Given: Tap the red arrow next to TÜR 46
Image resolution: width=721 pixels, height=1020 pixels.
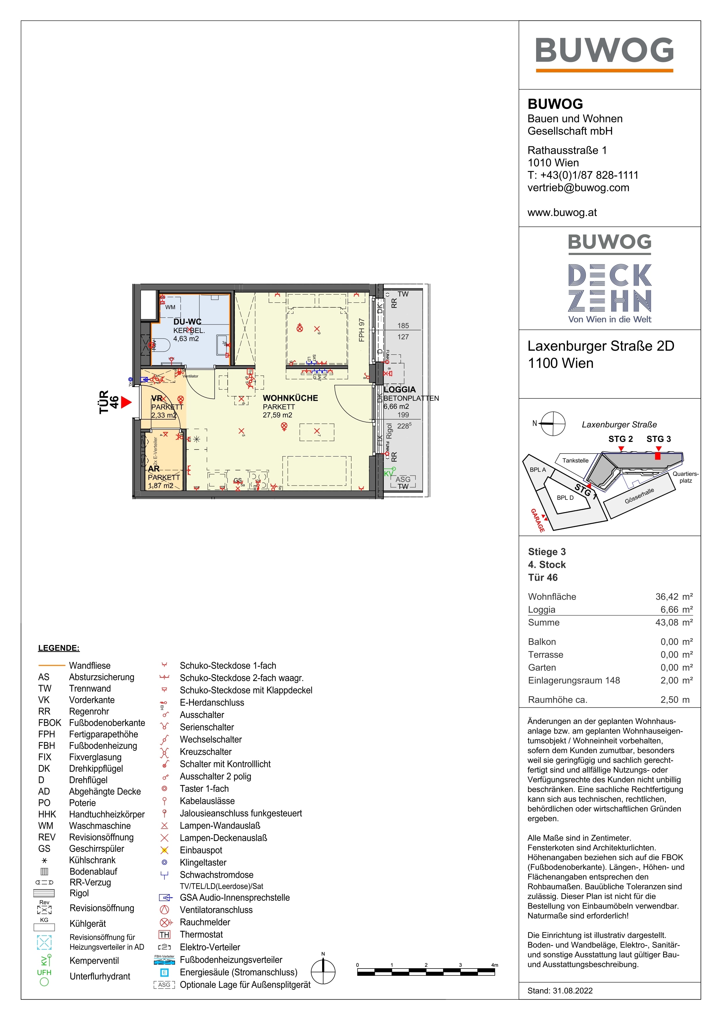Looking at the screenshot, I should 126,402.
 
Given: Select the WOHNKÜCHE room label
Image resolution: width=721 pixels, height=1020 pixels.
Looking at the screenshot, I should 290,398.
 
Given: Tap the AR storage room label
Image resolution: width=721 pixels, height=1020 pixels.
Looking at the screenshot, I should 154,469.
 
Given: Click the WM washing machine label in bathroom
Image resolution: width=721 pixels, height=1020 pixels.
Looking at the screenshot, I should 170,307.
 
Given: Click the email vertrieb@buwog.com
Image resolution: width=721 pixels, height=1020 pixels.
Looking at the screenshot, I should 578,188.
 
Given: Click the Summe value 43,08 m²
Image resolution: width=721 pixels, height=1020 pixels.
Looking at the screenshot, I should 674,623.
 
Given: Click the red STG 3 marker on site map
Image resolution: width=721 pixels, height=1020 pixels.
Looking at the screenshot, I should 658,456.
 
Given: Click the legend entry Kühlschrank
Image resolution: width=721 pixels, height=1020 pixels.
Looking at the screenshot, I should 92,860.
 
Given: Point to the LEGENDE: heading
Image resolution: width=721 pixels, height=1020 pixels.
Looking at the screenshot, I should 59,648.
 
